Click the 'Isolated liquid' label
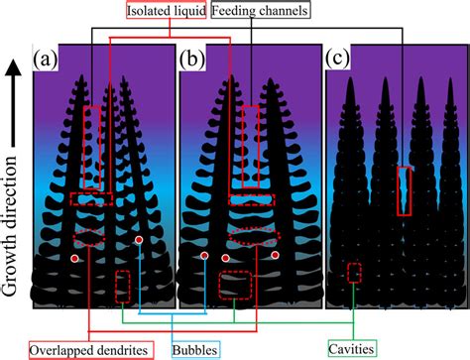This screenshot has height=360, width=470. [x=166, y=12]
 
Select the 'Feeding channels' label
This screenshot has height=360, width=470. [x=263, y=12]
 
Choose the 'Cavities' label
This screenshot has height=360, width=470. [x=353, y=348]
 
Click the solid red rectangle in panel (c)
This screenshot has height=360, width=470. [x=404, y=190]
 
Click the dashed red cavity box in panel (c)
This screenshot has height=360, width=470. [x=354, y=272]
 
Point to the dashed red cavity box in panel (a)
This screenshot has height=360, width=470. [x=121, y=286]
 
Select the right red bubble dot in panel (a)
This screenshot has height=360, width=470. [x=140, y=241]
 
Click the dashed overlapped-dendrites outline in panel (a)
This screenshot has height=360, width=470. [x=91, y=236]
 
